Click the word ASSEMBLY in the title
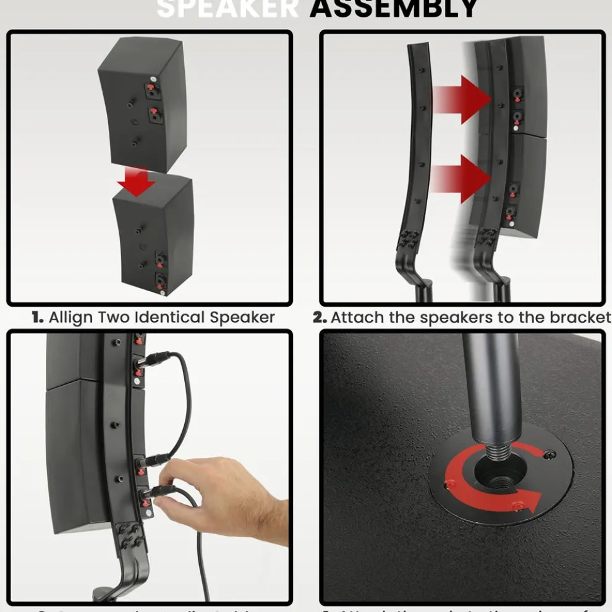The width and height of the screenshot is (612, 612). (393, 9)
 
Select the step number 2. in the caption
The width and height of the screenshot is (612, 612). (320, 318)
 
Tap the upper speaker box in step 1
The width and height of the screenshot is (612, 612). (139, 102)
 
